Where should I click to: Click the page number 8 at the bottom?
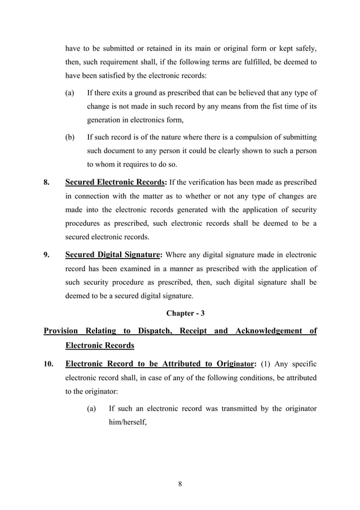179,483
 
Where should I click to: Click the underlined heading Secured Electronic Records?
116,183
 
